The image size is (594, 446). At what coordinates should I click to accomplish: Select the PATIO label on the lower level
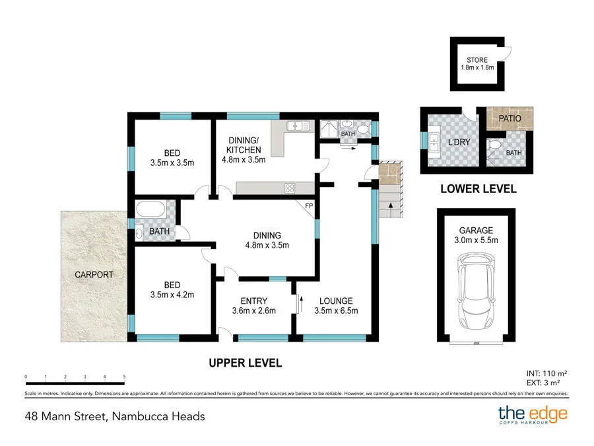click(x=510, y=118)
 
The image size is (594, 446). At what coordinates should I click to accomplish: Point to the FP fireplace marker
click(x=308, y=206)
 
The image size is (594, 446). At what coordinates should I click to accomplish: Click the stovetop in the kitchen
click(x=290, y=188)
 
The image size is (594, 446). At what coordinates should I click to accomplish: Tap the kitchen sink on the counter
click(x=298, y=126)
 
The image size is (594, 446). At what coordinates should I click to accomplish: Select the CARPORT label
click(x=94, y=274)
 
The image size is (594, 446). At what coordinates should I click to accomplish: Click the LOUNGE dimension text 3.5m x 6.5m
click(x=337, y=311)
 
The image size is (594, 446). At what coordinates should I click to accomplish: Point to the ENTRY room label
click(x=253, y=301)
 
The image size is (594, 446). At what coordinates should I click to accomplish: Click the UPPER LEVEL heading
click(x=245, y=363)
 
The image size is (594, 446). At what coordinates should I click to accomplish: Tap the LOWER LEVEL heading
click(x=478, y=189)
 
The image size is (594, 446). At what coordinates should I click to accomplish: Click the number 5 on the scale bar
click(x=124, y=377)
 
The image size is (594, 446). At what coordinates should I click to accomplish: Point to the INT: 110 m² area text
click(x=546, y=373)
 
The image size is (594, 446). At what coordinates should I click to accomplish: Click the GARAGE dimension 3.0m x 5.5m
click(x=475, y=241)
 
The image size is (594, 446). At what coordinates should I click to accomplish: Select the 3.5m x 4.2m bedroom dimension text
click(x=172, y=295)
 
